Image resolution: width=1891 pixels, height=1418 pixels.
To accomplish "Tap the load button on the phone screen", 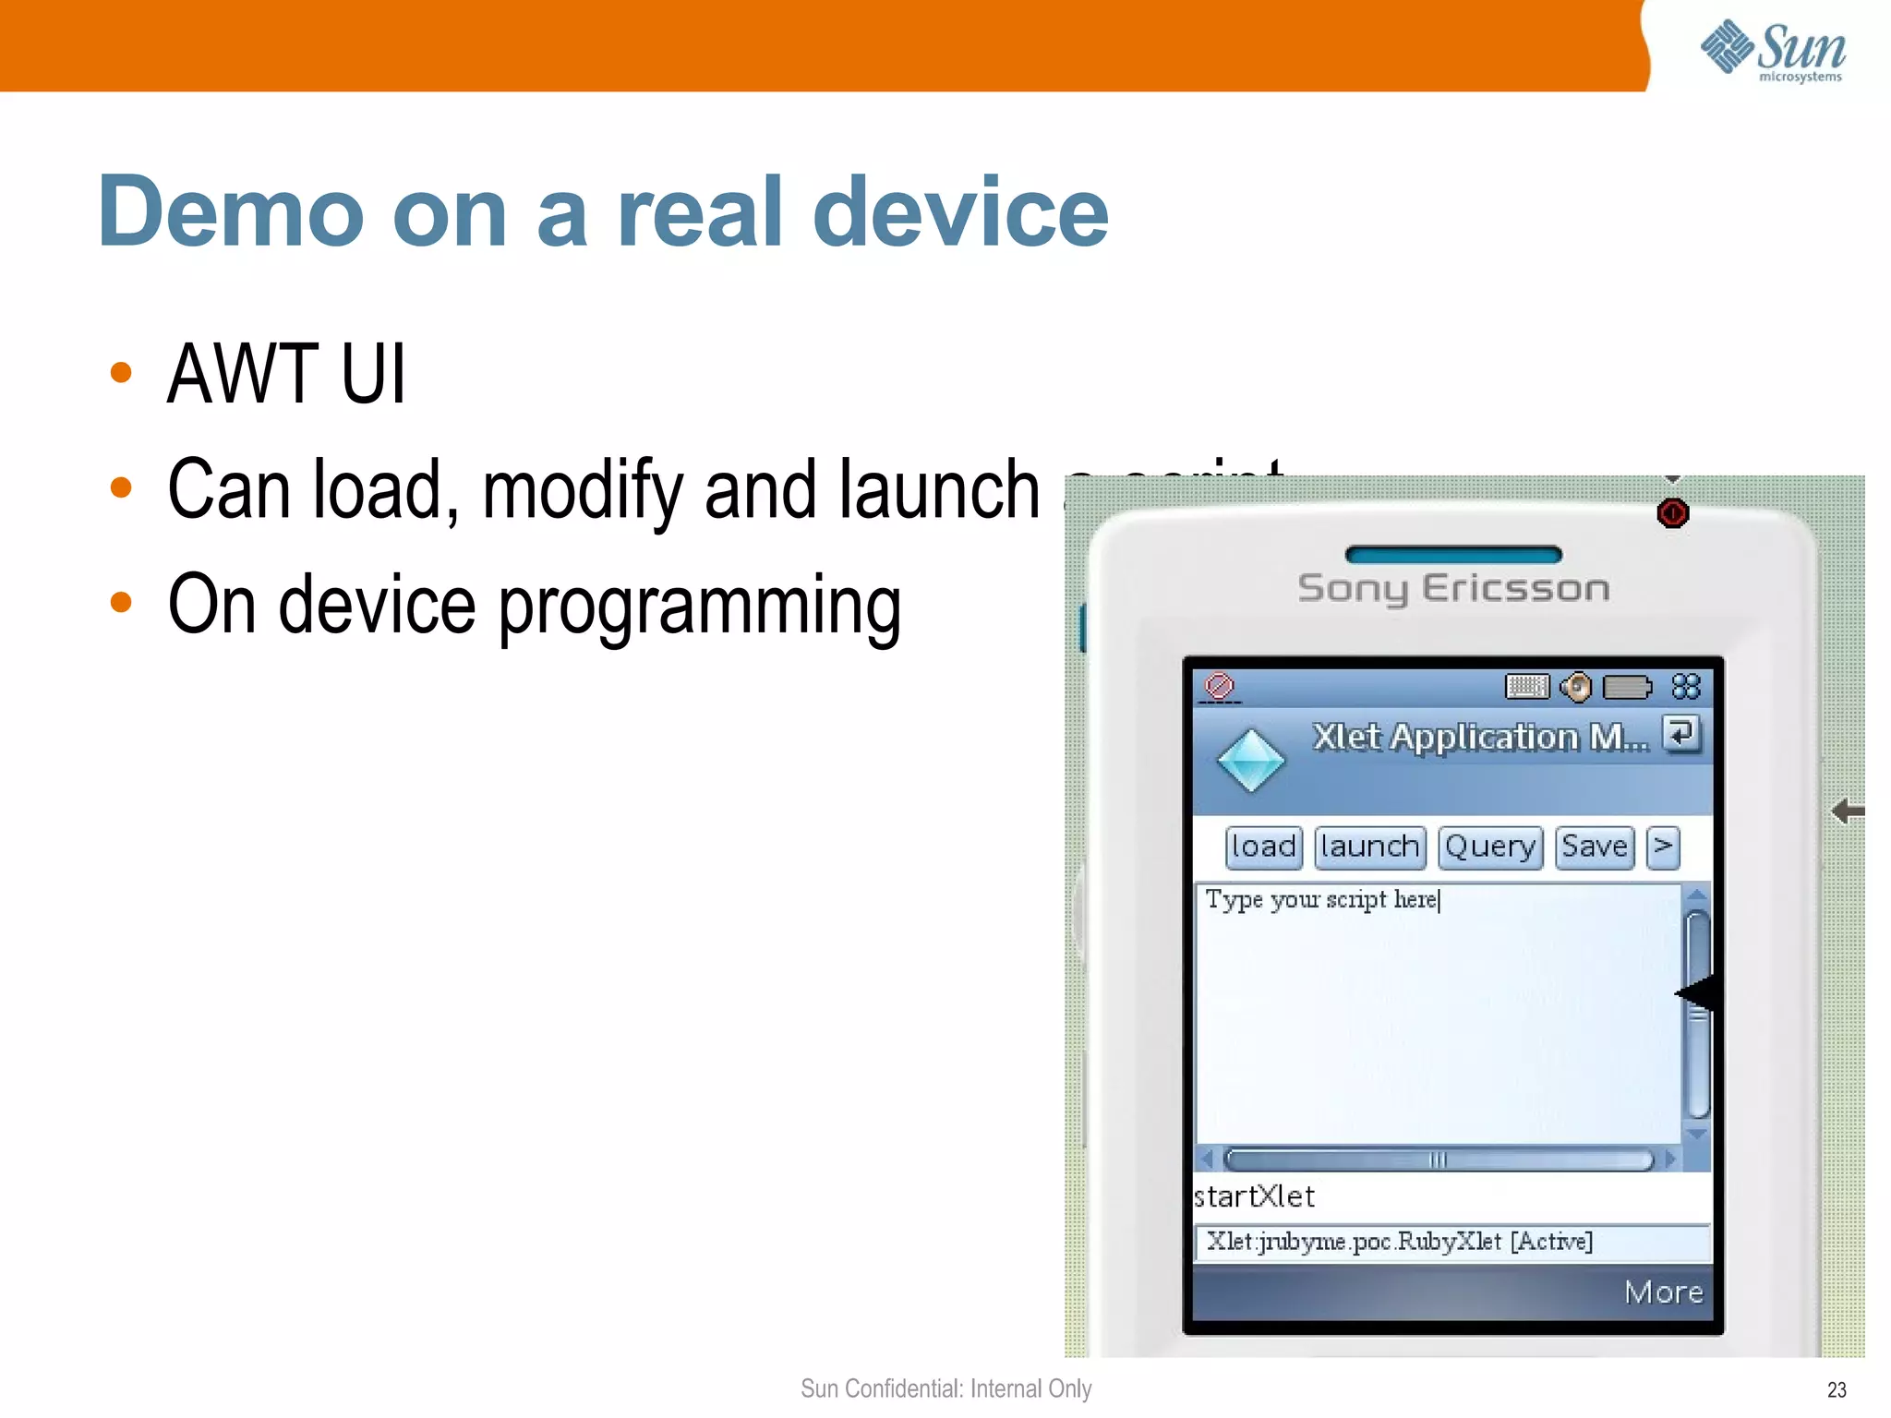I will [1263, 847].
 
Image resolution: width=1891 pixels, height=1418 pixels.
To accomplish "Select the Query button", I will [1489, 847].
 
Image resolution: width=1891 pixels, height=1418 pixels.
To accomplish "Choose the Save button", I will [1594, 847].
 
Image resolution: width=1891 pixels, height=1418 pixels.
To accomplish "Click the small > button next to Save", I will [1662, 847].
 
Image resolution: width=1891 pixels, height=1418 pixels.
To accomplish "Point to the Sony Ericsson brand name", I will [1453, 588].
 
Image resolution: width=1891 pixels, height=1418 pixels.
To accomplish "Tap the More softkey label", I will [1663, 1292].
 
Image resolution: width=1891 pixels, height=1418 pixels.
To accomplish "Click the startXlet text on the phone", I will [1254, 1196].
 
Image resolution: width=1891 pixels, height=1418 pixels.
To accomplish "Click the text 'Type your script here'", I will [1321, 899].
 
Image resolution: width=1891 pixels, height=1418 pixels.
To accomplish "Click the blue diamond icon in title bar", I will [1250, 761].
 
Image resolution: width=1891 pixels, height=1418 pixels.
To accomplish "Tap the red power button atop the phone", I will [1672, 512].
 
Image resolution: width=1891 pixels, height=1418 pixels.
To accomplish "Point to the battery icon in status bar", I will [1626, 687].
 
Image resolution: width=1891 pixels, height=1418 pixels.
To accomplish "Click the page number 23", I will [1836, 1389].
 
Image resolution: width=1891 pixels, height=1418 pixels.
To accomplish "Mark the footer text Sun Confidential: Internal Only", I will [945, 1388].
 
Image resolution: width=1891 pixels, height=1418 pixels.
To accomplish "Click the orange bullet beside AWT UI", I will [121, 373].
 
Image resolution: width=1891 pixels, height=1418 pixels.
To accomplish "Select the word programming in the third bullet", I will [700, 606].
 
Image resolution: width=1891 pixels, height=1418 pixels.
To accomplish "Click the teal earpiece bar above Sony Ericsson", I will [1453, 555].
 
